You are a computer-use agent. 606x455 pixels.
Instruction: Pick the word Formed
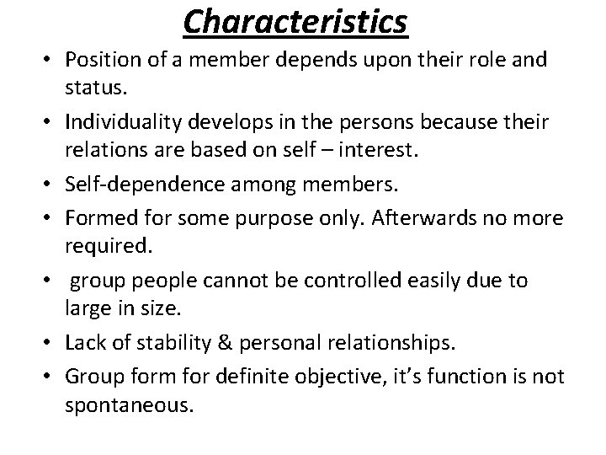[100, 217]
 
